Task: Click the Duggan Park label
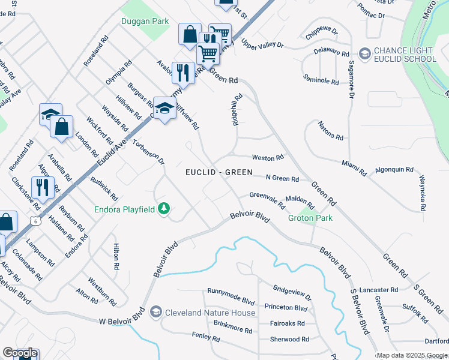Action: (x=144, y=21)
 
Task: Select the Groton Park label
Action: (x=310, y=218)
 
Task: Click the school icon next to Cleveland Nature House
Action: (x=156, y=312)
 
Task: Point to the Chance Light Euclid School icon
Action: (x=364, y=54)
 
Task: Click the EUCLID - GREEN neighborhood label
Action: (x=218, y=172)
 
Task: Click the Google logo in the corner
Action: (x=20, y=353)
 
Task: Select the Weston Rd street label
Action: (x=268, y=158)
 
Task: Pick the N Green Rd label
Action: (x=282, y=178)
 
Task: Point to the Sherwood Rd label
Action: (x=289, y=339)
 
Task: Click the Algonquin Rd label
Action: (x=394, y=170)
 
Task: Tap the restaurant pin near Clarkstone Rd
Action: (x=43, y=188)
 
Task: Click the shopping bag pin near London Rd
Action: (x=61, y=127)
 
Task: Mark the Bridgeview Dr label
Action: (x=292, y=293)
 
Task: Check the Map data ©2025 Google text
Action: (x=412, y=355)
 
